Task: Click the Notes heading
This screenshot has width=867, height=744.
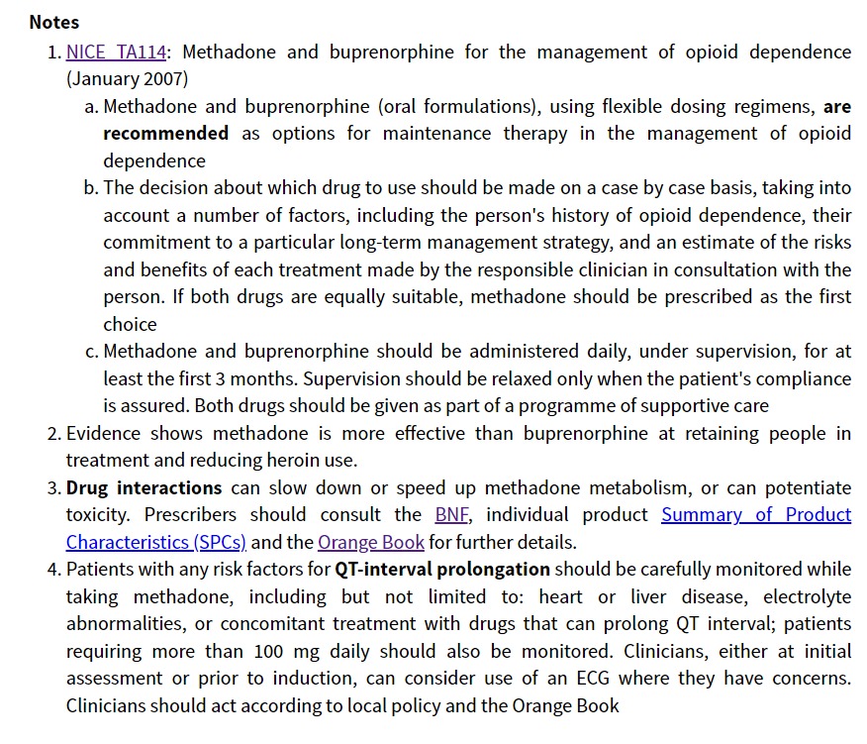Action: pos(54,22)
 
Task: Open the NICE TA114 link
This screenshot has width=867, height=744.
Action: pos(117,52)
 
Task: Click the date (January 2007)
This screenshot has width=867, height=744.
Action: pos(127,78)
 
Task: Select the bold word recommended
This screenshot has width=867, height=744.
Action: pos(165,133)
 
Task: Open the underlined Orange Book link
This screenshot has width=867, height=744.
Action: pos(371,542)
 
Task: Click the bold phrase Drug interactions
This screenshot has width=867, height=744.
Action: pos(144,487)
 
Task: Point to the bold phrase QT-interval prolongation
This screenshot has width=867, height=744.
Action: pos(441,569)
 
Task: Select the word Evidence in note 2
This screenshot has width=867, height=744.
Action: pos(103,433)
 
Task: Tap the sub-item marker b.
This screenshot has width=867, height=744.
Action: pos(92,187)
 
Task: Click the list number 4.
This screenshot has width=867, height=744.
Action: pos(53,569)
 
